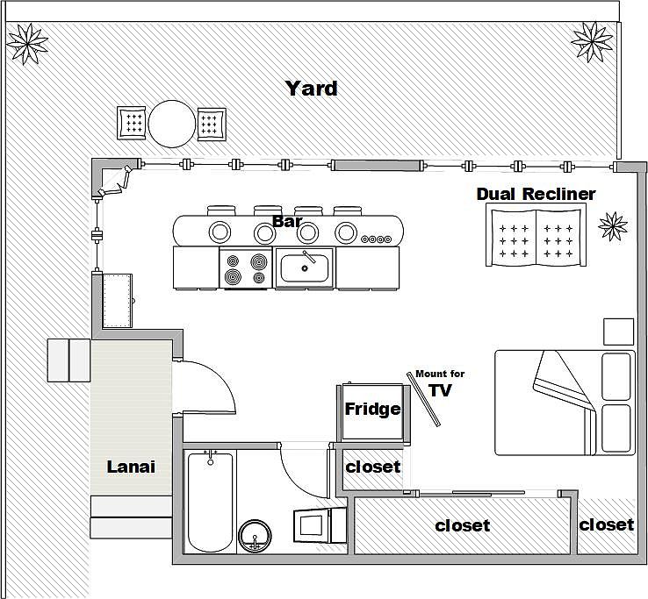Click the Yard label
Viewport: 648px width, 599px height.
click(311, 89)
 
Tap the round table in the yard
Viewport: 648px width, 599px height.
click(171, 124)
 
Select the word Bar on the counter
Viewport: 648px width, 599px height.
click(287, 222)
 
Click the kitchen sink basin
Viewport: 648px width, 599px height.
click(305, 267)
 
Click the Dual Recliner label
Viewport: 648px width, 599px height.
click(536, 194)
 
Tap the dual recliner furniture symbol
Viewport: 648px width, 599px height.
click(535, 238)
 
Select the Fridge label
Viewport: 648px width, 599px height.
click(372, 409)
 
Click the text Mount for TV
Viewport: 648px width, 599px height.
click(440, 384)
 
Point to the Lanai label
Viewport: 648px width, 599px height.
click(131, 467)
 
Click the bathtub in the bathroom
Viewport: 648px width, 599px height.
click(210, 501)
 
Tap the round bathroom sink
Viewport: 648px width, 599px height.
click(256, 535)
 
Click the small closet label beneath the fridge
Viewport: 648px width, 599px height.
click(372, 467)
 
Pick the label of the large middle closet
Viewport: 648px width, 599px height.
click(462, 526)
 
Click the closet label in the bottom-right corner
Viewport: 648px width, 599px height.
click(606, 524)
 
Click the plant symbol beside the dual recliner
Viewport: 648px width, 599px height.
click(613, 225)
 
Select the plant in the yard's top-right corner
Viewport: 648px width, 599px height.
click(591, 39)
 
